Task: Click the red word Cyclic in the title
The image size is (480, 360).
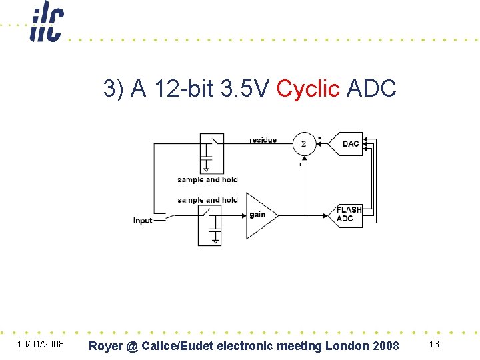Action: (308, 88)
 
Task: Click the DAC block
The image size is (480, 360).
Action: (351, 143)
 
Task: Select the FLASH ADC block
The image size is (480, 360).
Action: (349, 214)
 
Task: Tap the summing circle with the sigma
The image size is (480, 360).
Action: (304, 144)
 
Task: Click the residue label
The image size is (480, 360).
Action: (263, 140)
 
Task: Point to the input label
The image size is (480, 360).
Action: (143, 221)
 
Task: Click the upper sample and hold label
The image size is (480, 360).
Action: (207, 179)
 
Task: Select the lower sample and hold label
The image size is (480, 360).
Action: (207, 199)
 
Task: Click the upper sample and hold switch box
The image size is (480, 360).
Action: (211, 153)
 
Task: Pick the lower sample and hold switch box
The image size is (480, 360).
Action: (210, 225)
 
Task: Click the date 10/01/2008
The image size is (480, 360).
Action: (40, 345)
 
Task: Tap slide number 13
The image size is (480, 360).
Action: (434, 344)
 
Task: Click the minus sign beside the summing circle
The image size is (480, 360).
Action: (319, 138)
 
